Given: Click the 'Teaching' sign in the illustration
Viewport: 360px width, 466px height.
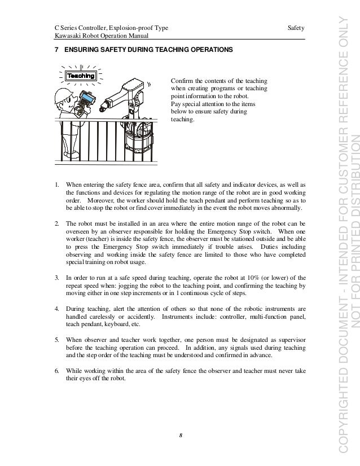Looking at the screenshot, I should click(80, 75).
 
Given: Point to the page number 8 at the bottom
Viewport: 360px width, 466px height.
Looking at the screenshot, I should click(180, 434).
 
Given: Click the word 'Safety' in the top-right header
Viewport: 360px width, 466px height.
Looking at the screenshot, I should click(296, 28).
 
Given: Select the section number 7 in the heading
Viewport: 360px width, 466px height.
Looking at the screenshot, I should click(55, 50).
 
